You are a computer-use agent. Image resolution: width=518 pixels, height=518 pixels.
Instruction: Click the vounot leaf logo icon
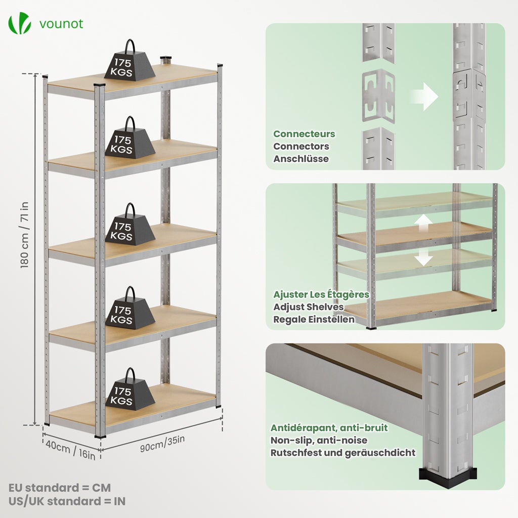19,24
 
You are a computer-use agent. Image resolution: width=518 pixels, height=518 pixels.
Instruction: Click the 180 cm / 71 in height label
25,242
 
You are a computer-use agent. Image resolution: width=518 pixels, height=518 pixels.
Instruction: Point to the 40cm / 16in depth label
70,449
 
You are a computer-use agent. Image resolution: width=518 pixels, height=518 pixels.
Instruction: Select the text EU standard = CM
60,488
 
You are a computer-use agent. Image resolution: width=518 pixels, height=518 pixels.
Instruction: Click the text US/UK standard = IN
67,501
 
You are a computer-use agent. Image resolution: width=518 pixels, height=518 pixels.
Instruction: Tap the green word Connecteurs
304,134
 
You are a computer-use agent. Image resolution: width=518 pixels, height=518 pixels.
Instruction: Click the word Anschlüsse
301,158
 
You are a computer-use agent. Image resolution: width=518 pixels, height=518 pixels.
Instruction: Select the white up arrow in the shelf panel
424,224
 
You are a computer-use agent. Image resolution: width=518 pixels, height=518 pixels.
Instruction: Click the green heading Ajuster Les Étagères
321,294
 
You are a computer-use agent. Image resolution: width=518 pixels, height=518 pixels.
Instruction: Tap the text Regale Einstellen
314,319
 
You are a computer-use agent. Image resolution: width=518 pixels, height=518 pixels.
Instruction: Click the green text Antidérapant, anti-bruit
329,428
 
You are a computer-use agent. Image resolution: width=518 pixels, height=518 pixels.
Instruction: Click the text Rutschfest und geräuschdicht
342,453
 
